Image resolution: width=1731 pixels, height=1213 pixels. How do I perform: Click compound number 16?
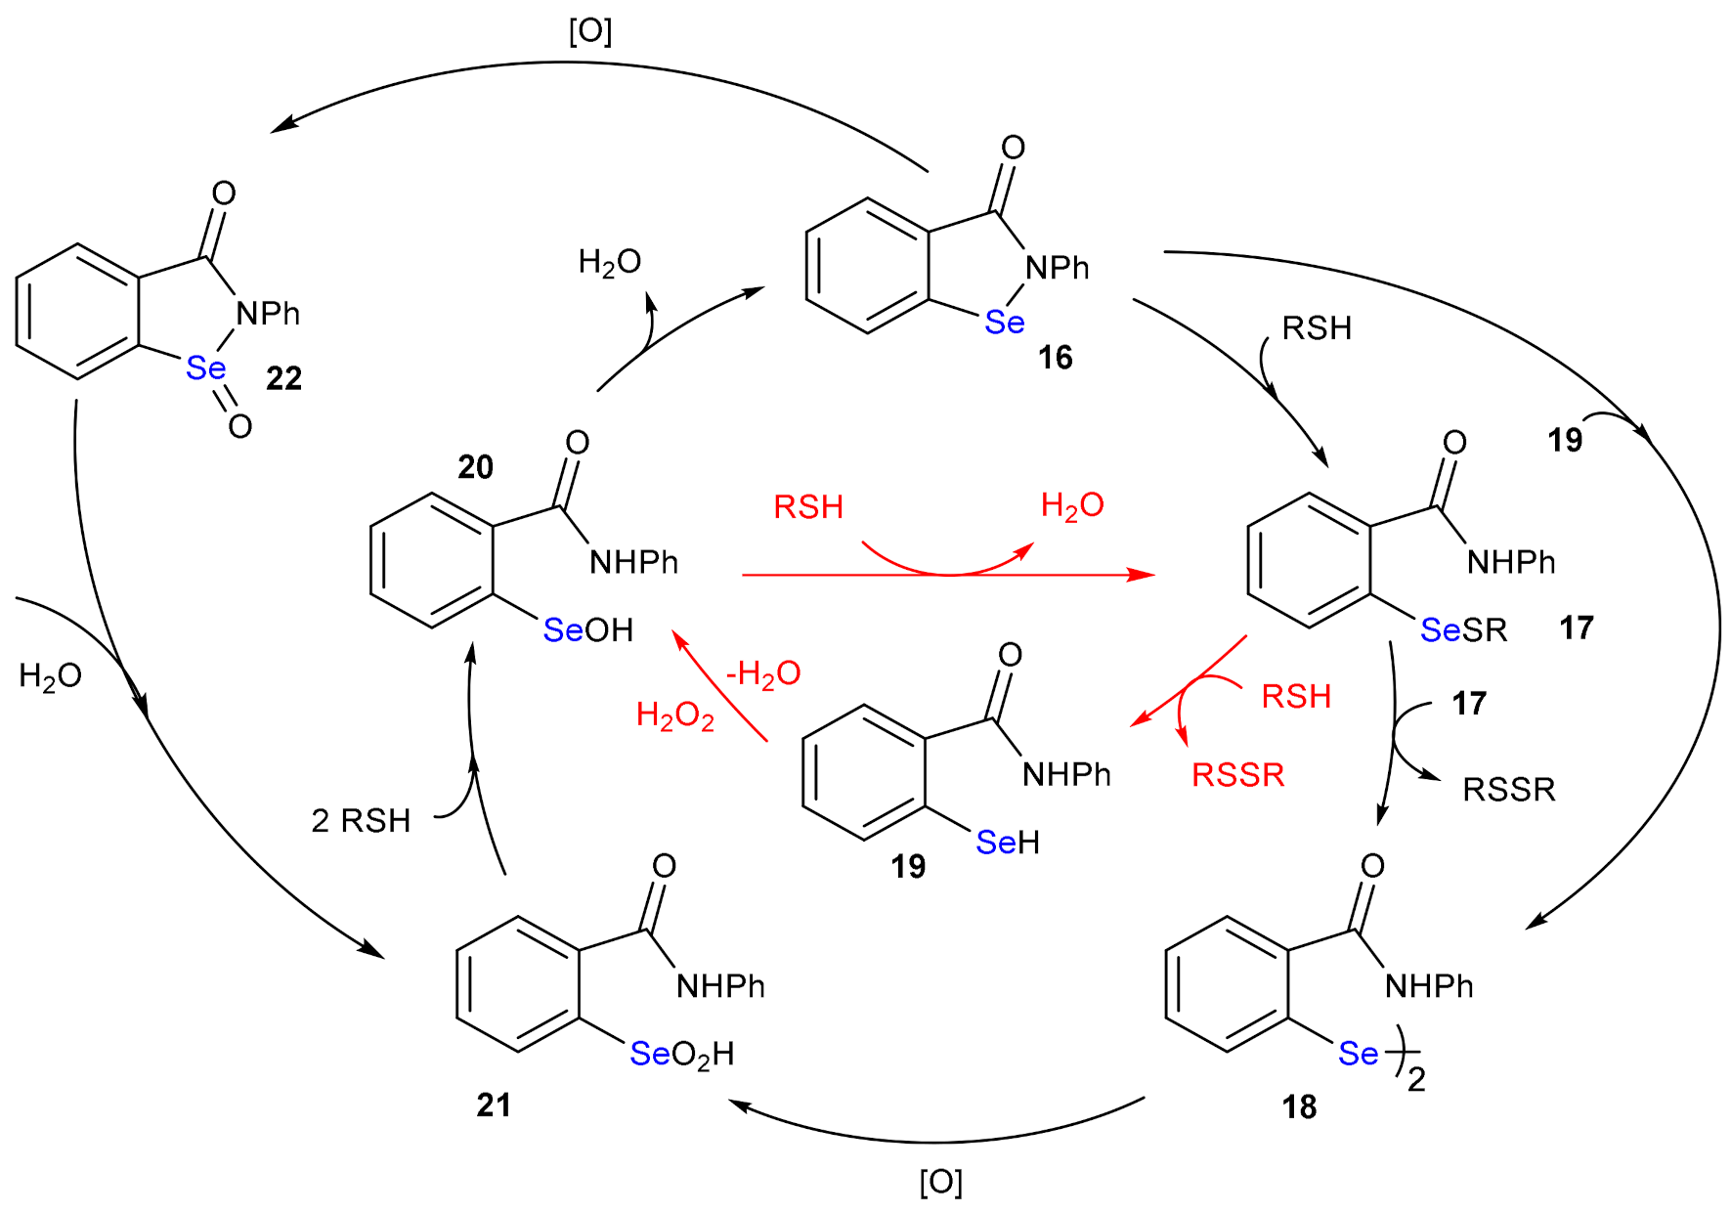point(1055,358)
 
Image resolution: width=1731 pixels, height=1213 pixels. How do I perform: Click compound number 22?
point(283,378)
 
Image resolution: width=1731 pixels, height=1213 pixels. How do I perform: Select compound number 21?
point(494,1105)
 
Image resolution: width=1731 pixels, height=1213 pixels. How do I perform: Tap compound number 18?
point(1299,1106)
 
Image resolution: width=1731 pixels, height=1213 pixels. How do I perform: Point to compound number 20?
point(475,467)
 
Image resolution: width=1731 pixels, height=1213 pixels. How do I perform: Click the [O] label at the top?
point(590,31)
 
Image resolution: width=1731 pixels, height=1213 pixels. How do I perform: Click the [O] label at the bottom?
point(940,1182)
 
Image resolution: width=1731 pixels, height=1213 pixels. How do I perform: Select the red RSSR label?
point(1237,775)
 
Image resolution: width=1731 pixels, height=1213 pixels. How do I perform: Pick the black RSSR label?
point(1508,790)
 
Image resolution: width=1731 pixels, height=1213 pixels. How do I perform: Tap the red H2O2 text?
point(674,715)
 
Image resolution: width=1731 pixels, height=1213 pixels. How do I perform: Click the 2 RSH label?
point(361,821)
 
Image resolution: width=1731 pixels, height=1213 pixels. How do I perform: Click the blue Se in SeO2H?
point(650,1054)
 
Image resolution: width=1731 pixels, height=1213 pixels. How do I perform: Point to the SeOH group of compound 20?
point(587,630)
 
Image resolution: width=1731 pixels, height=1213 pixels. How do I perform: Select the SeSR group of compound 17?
point(1463,630)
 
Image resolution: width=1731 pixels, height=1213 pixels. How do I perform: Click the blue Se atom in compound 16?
point(1004,323)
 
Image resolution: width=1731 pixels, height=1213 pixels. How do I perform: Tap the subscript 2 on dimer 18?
point(1416,1080)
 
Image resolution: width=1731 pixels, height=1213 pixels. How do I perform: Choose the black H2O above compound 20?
point(609,262)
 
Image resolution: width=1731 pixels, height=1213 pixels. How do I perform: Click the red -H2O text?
point(763,673)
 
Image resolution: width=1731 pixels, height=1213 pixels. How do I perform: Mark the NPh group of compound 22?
point(268,314)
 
